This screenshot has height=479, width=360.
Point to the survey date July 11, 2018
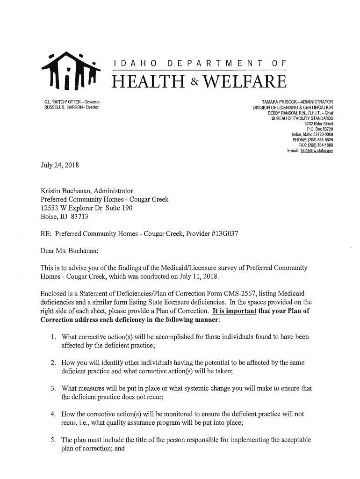(195, 276)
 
